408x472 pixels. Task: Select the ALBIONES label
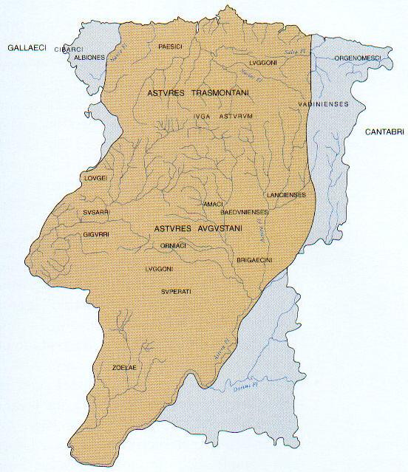point(89,57)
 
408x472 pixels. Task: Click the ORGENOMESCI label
point(358,57)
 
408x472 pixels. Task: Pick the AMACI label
point(212,202)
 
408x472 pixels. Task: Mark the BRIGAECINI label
point(255,260)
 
